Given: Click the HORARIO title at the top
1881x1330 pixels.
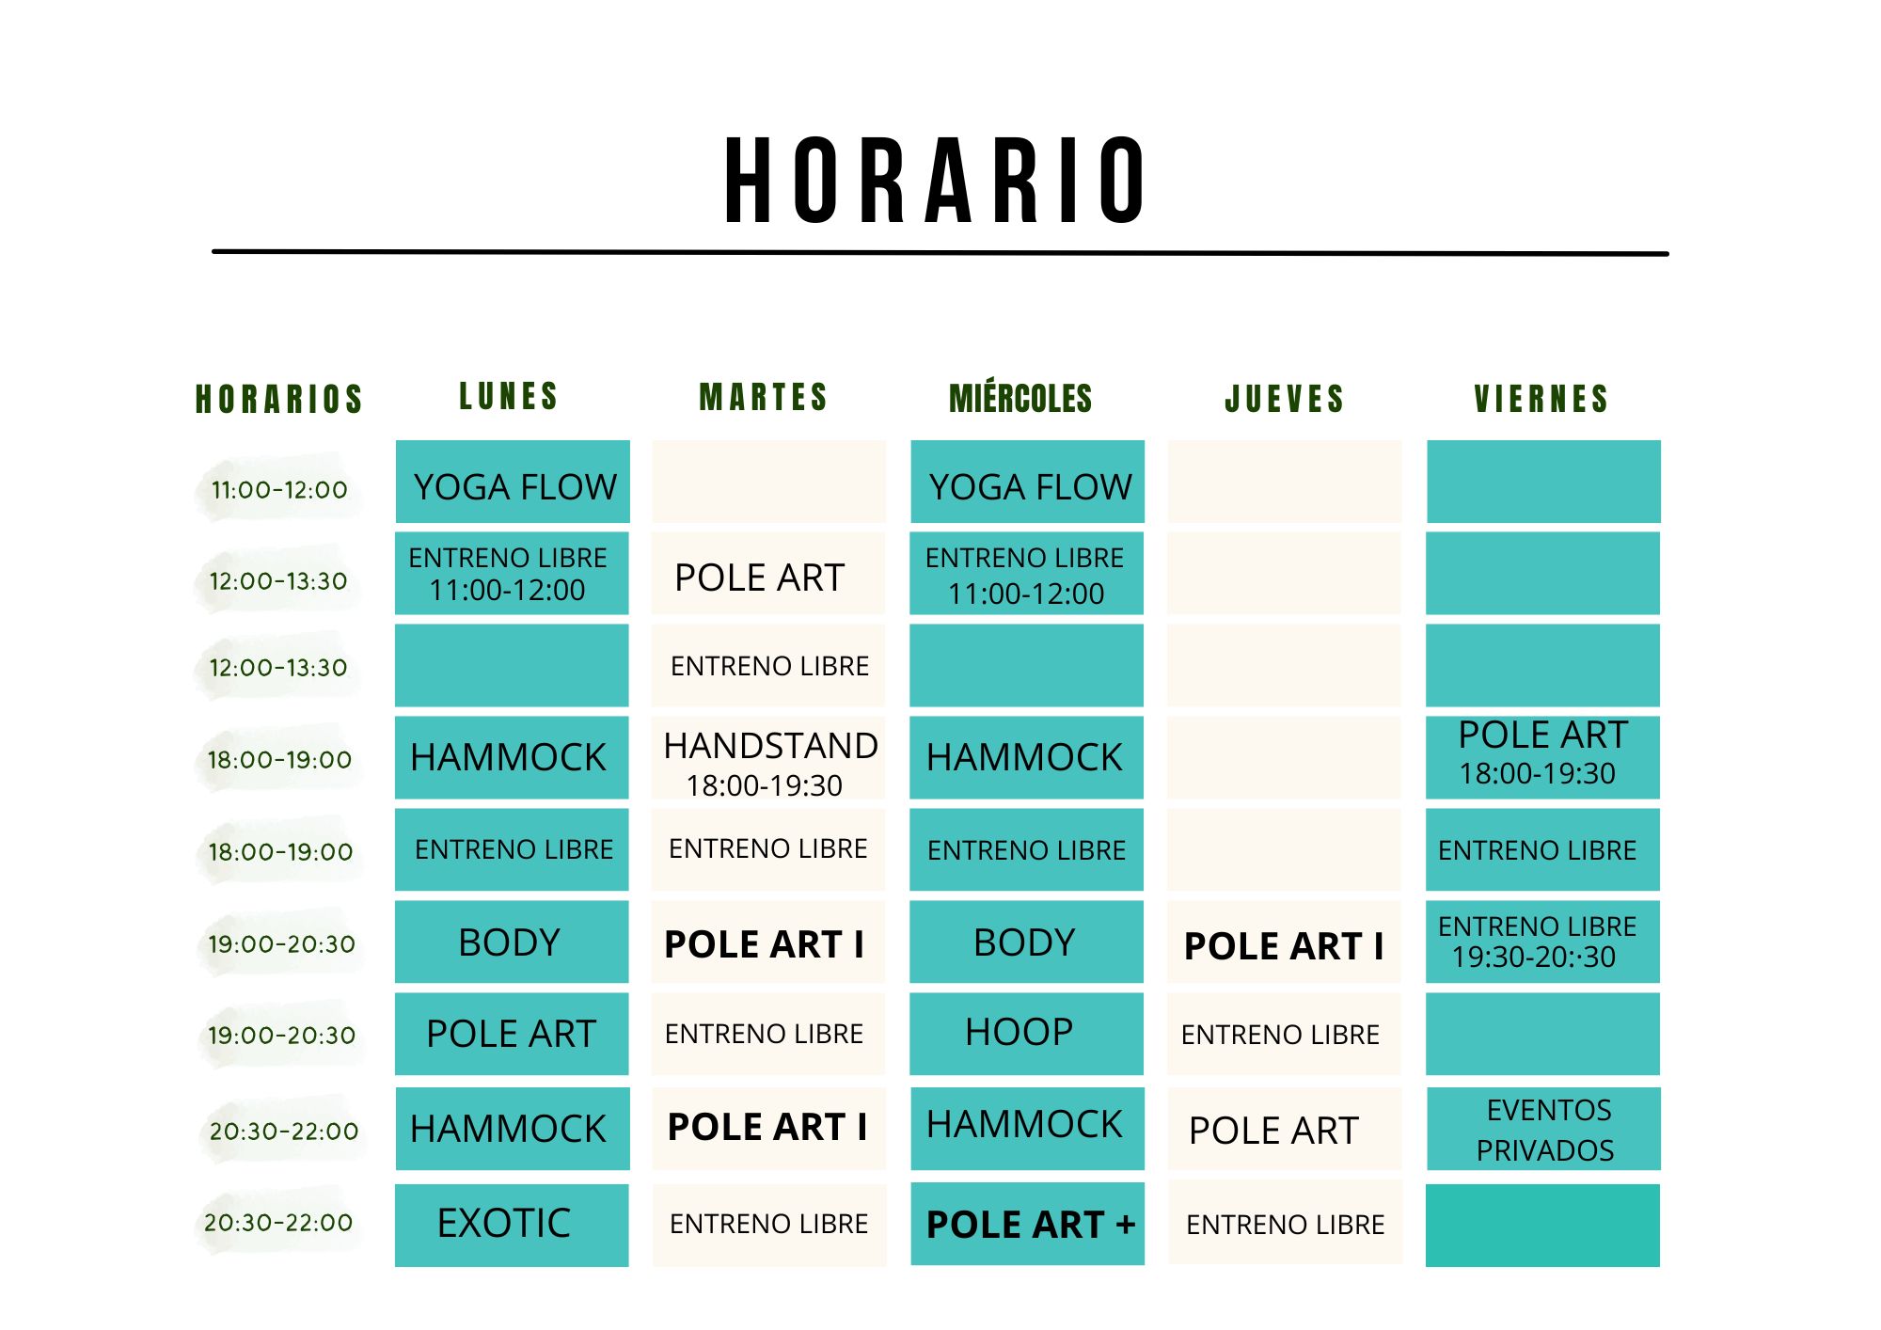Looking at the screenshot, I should pos(935,181).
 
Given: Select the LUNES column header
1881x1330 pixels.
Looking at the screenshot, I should pos(509,396).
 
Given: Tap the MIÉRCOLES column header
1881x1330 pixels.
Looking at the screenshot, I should pos(1020,399).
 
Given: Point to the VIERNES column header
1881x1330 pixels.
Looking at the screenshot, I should pos(1541,399).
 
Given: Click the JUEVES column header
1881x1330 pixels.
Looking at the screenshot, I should pos(1284,399).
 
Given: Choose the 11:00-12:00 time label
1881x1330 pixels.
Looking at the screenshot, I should pos(279,489).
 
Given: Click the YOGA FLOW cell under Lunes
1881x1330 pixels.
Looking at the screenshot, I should pos(513,483).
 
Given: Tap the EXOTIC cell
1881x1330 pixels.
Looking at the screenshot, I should pos(512,1224).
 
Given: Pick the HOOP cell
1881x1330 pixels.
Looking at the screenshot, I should pos(1026,1033).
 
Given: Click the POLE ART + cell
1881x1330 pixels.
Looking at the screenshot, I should pos(1028,1224).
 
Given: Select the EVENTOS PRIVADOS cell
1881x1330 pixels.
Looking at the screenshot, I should pos(1543,1129).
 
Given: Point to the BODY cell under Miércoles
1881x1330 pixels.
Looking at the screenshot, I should pos(1026,942).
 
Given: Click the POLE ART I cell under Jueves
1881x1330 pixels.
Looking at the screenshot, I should pos(1284,944).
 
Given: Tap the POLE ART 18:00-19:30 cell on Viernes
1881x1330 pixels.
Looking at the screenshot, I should pos(1542,755).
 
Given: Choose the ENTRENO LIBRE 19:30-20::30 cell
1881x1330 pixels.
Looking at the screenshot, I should pos(1542,942).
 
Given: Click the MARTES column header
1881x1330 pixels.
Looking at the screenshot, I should pos(764,397).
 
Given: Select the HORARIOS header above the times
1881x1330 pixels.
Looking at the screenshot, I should pos(279,399).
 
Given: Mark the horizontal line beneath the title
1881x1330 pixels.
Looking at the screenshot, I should pos(940,252).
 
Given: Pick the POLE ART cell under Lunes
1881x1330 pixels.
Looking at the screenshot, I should pos(512,1034).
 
